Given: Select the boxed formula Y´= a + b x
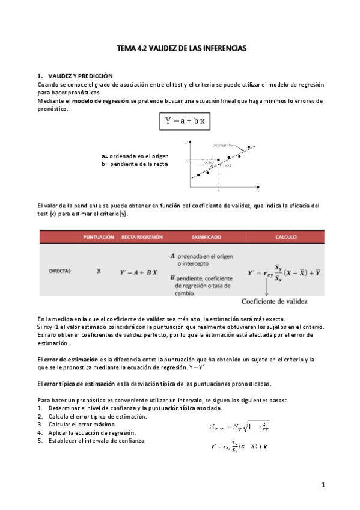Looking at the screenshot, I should click(x=185, y=121).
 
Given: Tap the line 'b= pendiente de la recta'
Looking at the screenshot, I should click(x=135, y=164).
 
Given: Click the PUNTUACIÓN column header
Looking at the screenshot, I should click(x=99, y=237).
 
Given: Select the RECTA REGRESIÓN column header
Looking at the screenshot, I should click(x=142, y=237).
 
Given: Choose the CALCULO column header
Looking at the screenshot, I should click(x=286, y=237).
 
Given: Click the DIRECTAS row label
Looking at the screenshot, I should click(x=59, y=271).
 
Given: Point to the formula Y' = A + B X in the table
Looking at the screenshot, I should click(x=139, y=272).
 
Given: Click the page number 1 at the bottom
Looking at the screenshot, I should click(x=323, y=485).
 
